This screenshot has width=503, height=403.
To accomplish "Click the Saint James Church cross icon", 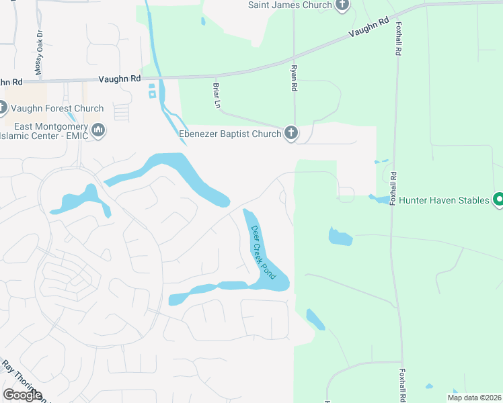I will tap(342, 5).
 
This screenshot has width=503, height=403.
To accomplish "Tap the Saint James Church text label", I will tap(290, 5).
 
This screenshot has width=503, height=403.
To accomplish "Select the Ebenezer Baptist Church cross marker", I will tap(291, 133).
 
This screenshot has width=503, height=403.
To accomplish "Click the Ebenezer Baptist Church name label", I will tap(229, 134).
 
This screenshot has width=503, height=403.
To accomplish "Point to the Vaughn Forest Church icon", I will tap(2, 107).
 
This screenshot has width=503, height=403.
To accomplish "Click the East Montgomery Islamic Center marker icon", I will tap(98, 129).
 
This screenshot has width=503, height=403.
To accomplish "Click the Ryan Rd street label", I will tap(293, 78).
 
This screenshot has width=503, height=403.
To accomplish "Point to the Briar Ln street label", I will tap(217, 95).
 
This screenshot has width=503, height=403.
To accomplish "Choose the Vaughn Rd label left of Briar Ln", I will tap(120, 79).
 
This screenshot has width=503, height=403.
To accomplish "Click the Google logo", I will tap(22, 395).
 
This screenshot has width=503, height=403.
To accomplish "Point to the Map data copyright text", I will tap(473, 398).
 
